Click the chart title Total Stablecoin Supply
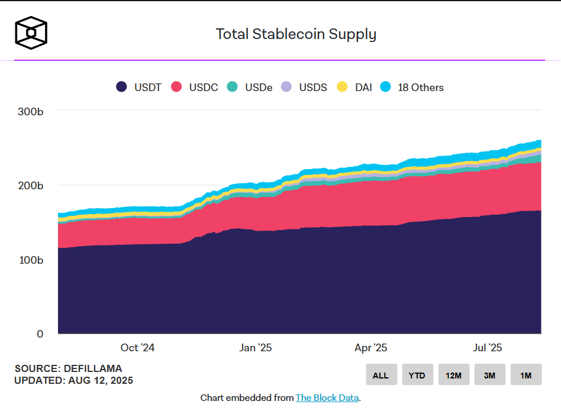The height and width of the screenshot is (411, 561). (x=296, y=34)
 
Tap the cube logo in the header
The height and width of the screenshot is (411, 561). (x=31, y=32)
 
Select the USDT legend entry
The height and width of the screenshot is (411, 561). (x=139, y=88)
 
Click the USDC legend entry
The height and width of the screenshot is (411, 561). (x=195, y=88)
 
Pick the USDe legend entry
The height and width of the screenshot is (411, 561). (x=250, y=88)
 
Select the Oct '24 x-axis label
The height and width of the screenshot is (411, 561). (x=137, y=348)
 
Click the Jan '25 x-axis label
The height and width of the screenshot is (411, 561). (x=256, y=348)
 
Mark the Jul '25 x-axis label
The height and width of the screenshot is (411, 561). (x=488, y=348)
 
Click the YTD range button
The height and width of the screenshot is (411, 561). (x=417, y=375)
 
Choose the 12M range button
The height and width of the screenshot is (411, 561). (x=453, y=375)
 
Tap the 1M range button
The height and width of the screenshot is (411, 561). (x=525, y=375)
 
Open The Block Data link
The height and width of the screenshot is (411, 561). (x=327, y=398)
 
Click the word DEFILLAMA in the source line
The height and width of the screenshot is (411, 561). (x=91, y=369)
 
